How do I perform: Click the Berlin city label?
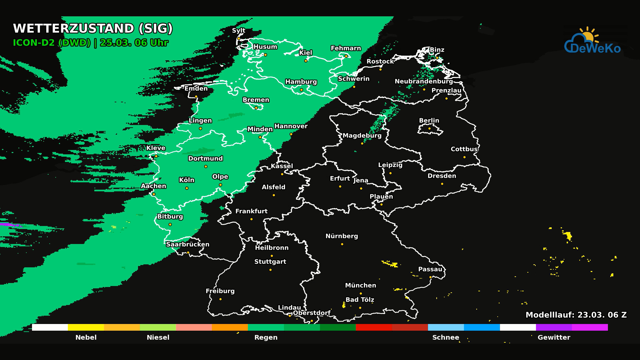coord(429,121)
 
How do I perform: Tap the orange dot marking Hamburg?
coord(301,90)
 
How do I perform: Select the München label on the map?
coord(360,285)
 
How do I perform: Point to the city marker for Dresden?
coord(442,184)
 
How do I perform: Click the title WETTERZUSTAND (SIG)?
coord(93,29)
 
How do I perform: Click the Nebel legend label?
coord(86,337)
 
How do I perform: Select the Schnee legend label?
coord(446,337)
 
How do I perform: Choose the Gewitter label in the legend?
coord(554,337)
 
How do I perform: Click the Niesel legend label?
coord(158,337)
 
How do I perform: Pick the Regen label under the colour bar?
coord(266,337)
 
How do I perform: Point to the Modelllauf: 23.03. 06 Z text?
coord(576,315)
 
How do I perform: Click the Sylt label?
coord(239,31)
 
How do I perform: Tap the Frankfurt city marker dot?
coord(251,219)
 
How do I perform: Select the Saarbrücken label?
coord(188,244)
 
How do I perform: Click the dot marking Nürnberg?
coord(342,244)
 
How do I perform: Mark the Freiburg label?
coord(220,291)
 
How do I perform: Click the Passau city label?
coord(430,269)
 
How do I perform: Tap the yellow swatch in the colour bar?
coord(86,327)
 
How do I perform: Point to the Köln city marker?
coord(187,188)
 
